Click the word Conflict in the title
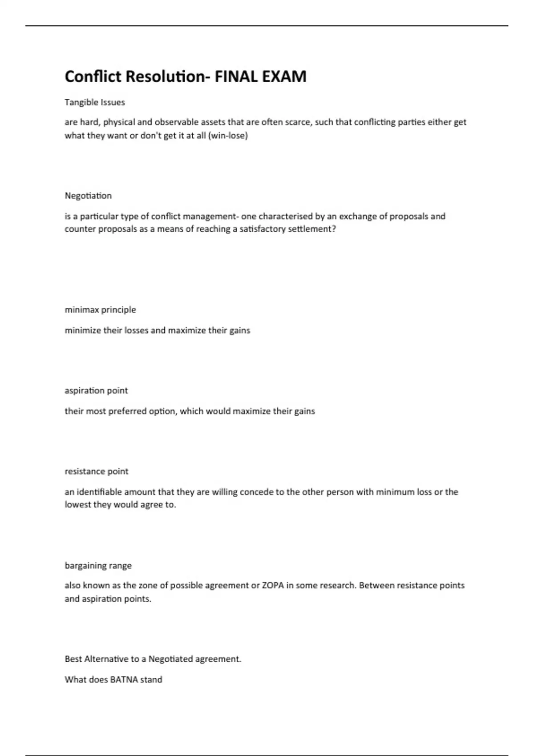point(93,76)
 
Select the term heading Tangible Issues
point(95,102)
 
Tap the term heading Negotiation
point(88,196)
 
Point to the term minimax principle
point(100,310)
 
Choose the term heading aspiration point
point(96,390)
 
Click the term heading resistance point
point(97,471)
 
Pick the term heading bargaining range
point(98,566)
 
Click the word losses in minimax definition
point(136,330)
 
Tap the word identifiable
point(99,492)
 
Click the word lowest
point(78,505)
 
